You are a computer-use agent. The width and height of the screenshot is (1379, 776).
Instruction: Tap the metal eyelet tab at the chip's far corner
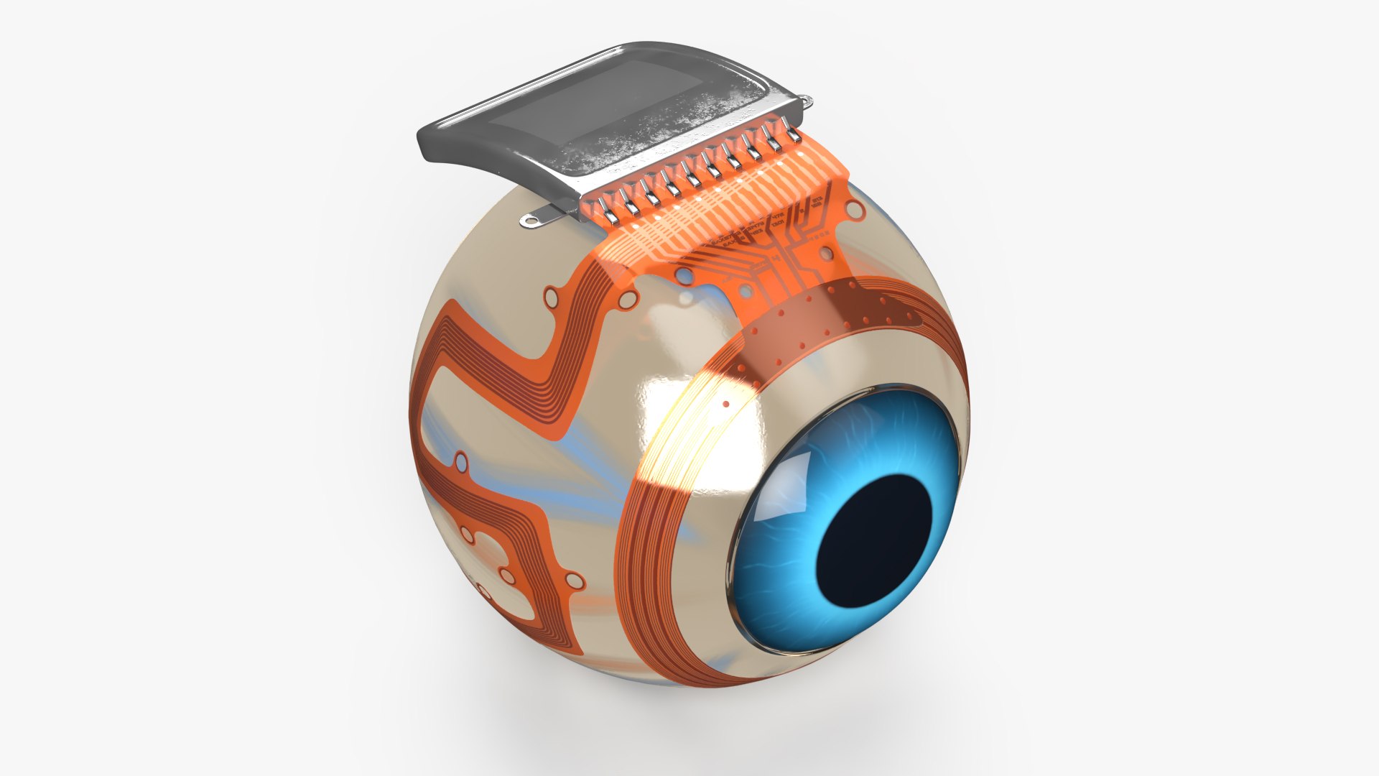807,101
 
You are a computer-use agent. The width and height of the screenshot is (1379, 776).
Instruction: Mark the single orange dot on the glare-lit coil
725,405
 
